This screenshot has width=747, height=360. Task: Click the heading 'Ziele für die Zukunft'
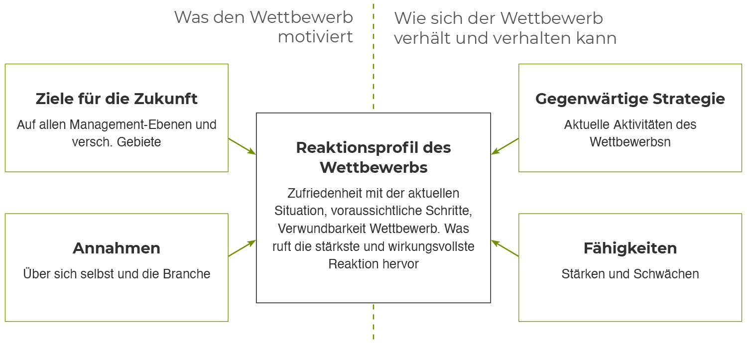(117, 99)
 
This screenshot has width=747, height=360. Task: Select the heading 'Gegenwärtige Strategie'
(630, 99)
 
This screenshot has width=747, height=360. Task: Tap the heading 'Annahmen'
(117, 248)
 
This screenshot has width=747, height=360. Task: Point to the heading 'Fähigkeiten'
(630, 248)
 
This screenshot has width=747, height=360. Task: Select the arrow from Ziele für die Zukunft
(242, 146)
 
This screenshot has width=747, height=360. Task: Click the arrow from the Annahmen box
(242, 248)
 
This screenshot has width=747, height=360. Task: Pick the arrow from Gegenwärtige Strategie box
(505, 146)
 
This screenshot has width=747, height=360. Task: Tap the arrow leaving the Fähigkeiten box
(505, 248)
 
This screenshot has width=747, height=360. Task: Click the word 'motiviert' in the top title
(315, 37)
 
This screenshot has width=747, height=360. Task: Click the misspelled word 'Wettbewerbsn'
(630, 142)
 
